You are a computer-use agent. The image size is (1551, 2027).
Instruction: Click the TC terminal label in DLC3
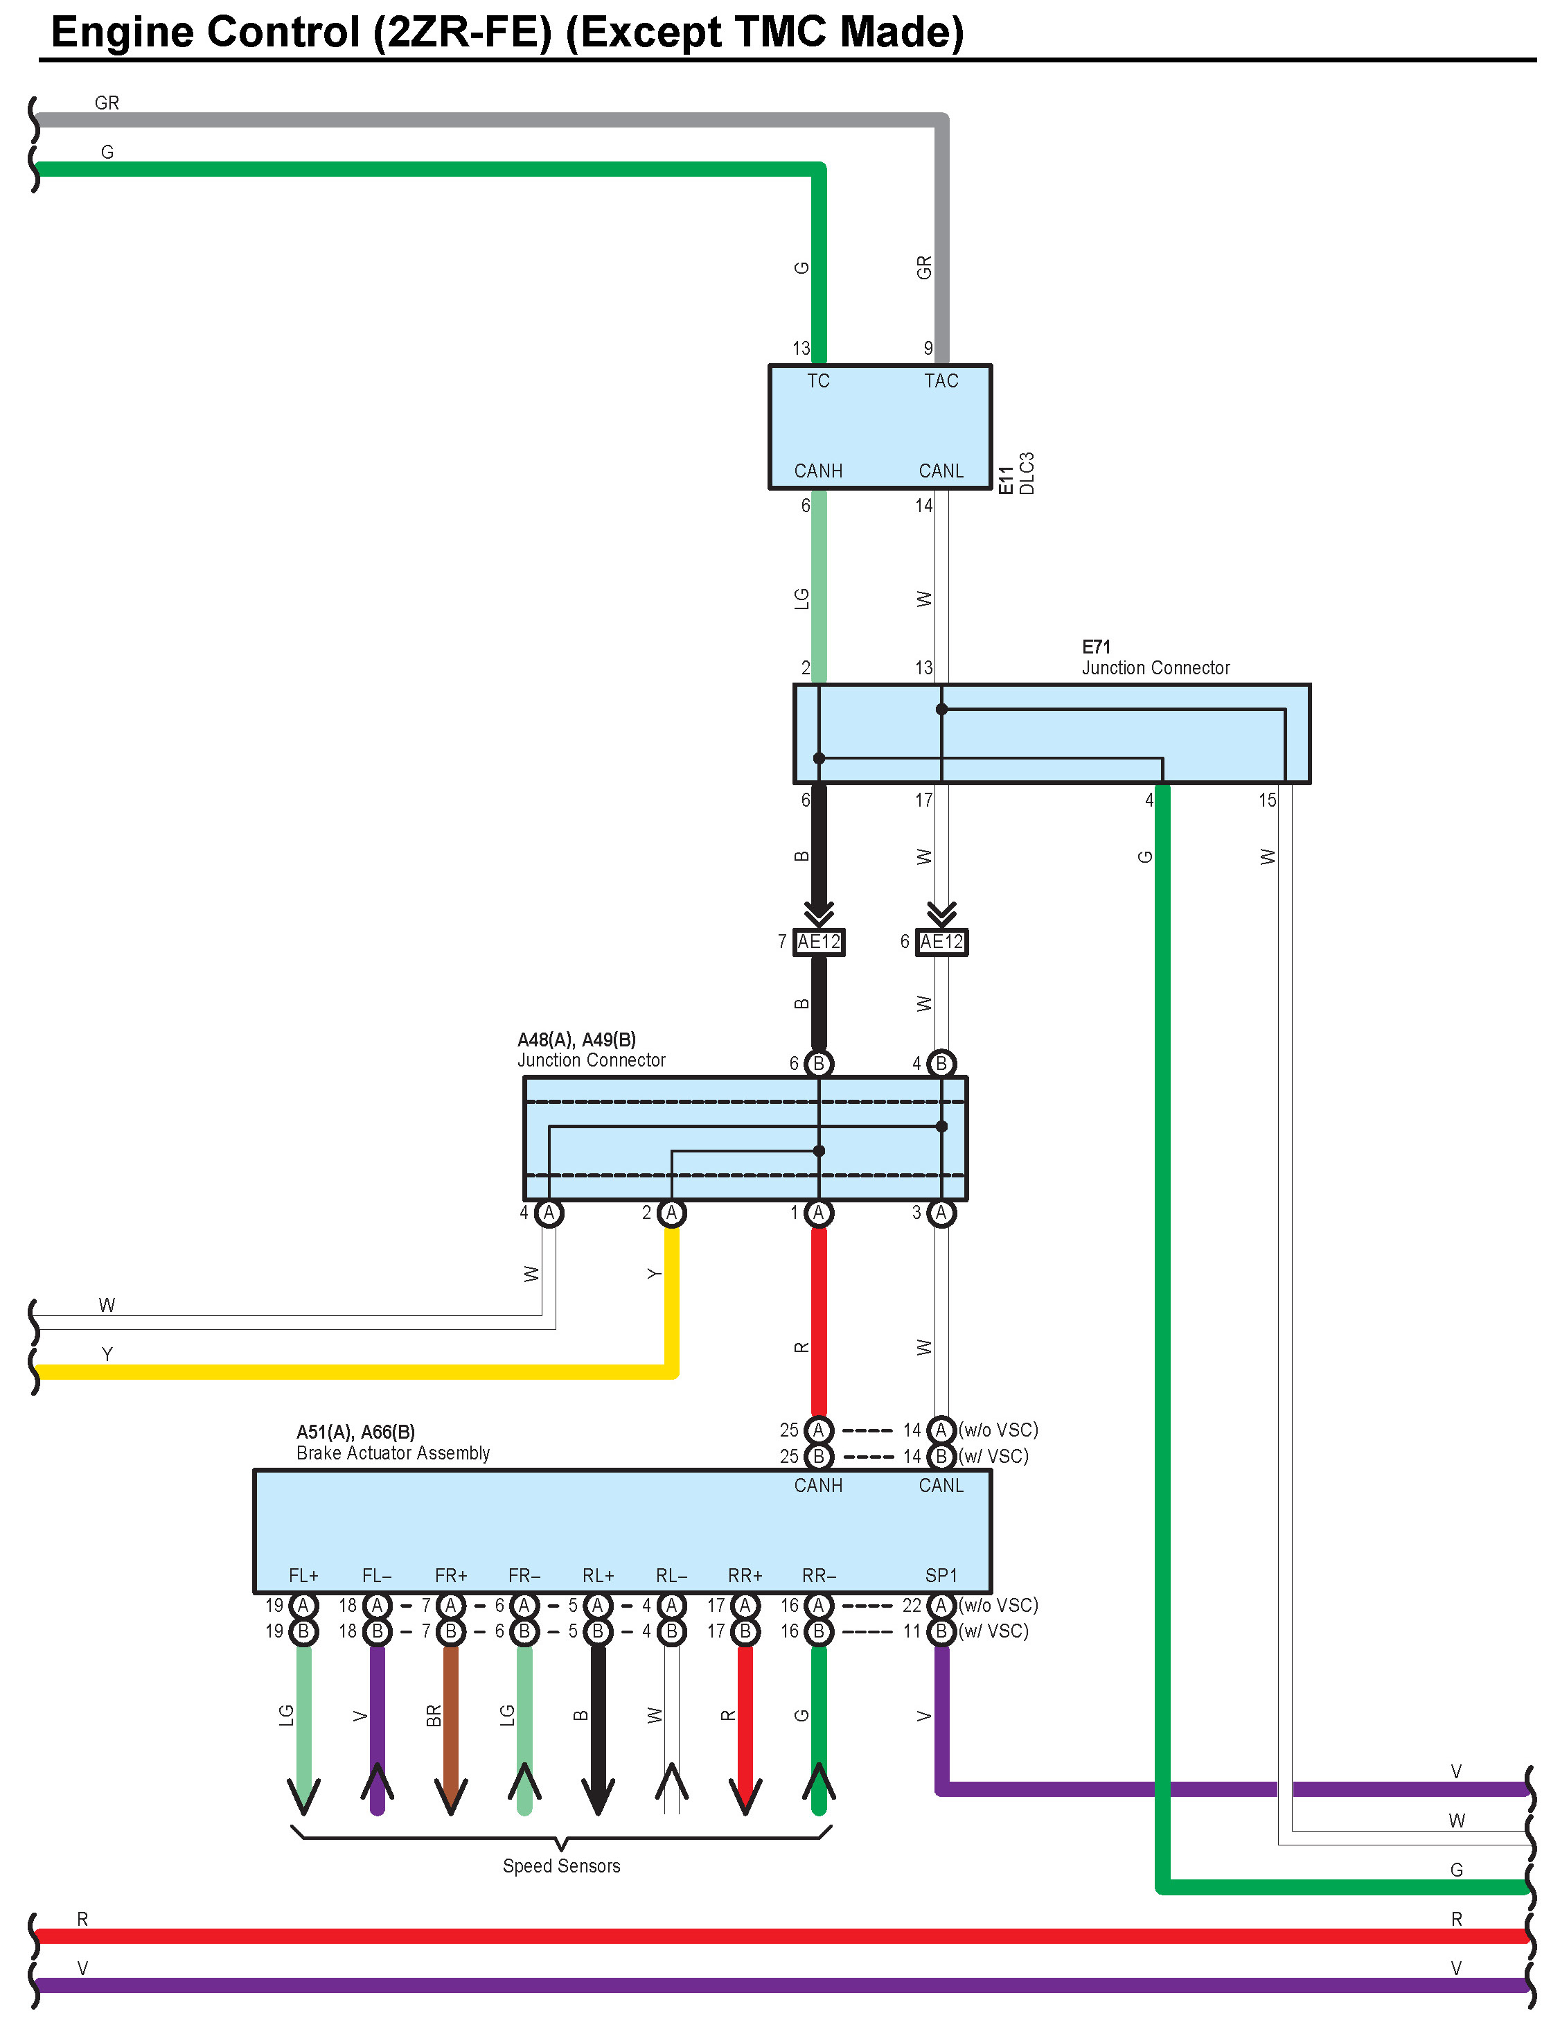pyautogui.click(x=818, y=381)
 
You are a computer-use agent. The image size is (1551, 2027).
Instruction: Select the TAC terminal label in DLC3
pyautogui.click(x=941, y=381)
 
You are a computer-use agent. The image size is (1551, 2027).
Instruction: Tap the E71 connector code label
pyautogui.click(x=1096, y=647)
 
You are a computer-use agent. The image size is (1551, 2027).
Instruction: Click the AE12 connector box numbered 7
pyautogui.click(x=819, y=942)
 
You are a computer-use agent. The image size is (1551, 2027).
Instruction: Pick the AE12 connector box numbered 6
pyautogui.click(x=941, y=942)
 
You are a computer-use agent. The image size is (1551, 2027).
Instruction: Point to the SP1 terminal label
pyautogui.click(x=941, y=1575)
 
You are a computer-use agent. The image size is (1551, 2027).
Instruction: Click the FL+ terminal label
pyautogui.click(x=303, y=1575)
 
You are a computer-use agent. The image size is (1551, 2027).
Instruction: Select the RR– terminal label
pyautogui.click(x=818, y=1575)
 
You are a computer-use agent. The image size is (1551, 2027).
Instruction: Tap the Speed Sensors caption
pyautogui.click(x=561, y=1866)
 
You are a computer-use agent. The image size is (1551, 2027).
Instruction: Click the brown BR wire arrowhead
pyautogui.click(x=450, y=1796)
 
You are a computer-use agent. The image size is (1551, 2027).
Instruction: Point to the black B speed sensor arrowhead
pyautogui.click(x=599, y=1796)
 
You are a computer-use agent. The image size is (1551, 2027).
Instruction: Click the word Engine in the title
pyautogui.click(x=122, y=33)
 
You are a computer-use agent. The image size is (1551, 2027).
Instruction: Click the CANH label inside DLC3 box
pyautogui.click(x=818, y=471)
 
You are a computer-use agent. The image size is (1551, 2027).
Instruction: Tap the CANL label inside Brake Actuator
pyautogui.click(x=941, y=1485)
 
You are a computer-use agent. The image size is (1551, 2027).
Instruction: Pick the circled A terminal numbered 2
pyautogui.click(x=671, y=1213)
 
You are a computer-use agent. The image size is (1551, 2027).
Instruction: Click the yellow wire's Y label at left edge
pyautogui.click(x=107, y=1354)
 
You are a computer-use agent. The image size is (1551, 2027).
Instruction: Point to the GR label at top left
pyautogui.click(x=107, y=103)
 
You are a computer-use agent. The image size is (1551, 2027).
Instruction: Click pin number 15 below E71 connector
pyautogui.click(x=1268, y=800)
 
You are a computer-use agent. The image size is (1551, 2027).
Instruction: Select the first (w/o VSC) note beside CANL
pyautogui.click(x=998, y=1430)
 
